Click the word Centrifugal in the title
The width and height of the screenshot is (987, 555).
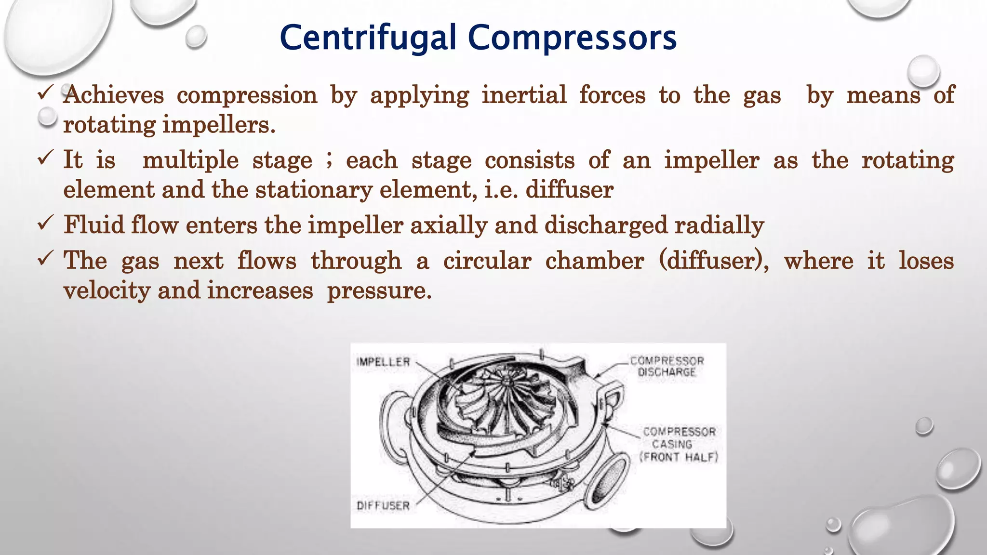coord(368,39)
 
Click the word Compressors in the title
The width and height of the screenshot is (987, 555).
coord(572,39)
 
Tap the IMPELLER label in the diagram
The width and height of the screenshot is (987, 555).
coord(383,362)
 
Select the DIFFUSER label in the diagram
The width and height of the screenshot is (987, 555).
coord(383,505)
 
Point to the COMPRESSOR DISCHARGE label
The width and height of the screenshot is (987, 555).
coord(667,366)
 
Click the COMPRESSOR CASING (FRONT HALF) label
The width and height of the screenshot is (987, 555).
coord(679,444)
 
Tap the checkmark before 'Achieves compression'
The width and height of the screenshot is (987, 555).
coord(45,92)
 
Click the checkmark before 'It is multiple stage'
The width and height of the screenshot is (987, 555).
coord(45,157)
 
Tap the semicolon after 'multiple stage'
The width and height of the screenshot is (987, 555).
coord(329,160)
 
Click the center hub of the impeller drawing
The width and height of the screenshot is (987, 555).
coord(506,382)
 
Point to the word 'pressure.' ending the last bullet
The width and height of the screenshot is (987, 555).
coord(379,291)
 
